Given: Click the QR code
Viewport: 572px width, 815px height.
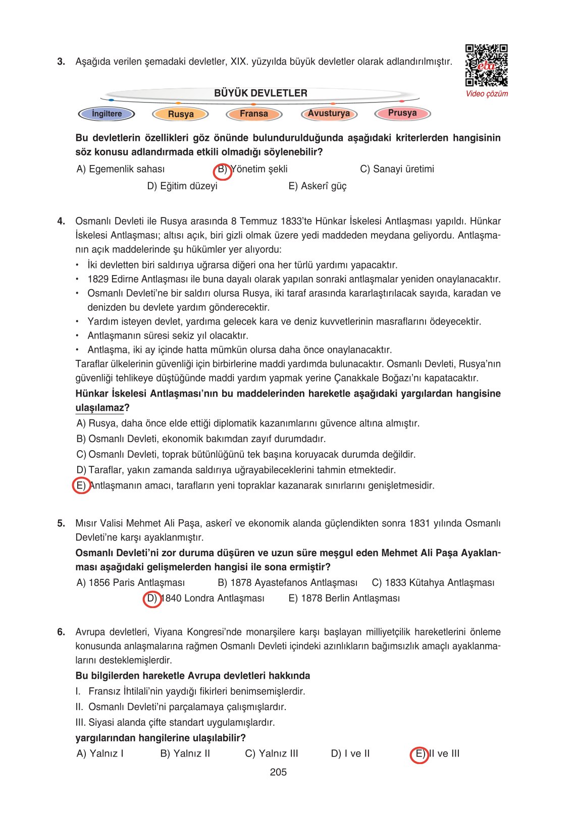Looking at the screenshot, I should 486,66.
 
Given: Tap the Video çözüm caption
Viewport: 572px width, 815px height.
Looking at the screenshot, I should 487,94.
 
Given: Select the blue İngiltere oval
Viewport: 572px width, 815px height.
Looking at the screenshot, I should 107,114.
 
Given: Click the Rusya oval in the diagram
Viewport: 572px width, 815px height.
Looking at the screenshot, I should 181,114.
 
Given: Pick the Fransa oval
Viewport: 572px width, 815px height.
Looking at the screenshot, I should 253,114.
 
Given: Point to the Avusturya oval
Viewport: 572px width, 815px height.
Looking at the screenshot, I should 329,113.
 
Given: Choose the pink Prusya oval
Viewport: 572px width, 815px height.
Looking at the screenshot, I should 402,113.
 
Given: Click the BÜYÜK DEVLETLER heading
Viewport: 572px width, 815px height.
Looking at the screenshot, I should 261,93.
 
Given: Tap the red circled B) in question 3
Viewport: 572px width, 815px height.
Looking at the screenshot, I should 223,170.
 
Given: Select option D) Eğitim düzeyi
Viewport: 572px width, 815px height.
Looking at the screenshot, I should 182,186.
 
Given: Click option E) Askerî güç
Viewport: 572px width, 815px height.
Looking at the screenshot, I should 318,186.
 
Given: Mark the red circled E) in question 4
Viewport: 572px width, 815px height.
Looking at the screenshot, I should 81,486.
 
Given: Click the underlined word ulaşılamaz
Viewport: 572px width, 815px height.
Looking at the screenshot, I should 99,408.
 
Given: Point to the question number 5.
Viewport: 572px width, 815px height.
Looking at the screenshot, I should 61,523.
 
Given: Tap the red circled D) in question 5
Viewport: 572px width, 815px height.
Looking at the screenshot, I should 152,599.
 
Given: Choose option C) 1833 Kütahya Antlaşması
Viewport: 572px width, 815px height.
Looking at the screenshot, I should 433,583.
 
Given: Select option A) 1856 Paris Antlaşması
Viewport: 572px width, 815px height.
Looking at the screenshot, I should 131,583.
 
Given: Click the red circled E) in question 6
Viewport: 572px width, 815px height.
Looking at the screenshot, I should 419,754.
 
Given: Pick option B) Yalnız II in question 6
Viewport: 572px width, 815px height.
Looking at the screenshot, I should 185,754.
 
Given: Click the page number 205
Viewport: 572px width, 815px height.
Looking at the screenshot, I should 278,772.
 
